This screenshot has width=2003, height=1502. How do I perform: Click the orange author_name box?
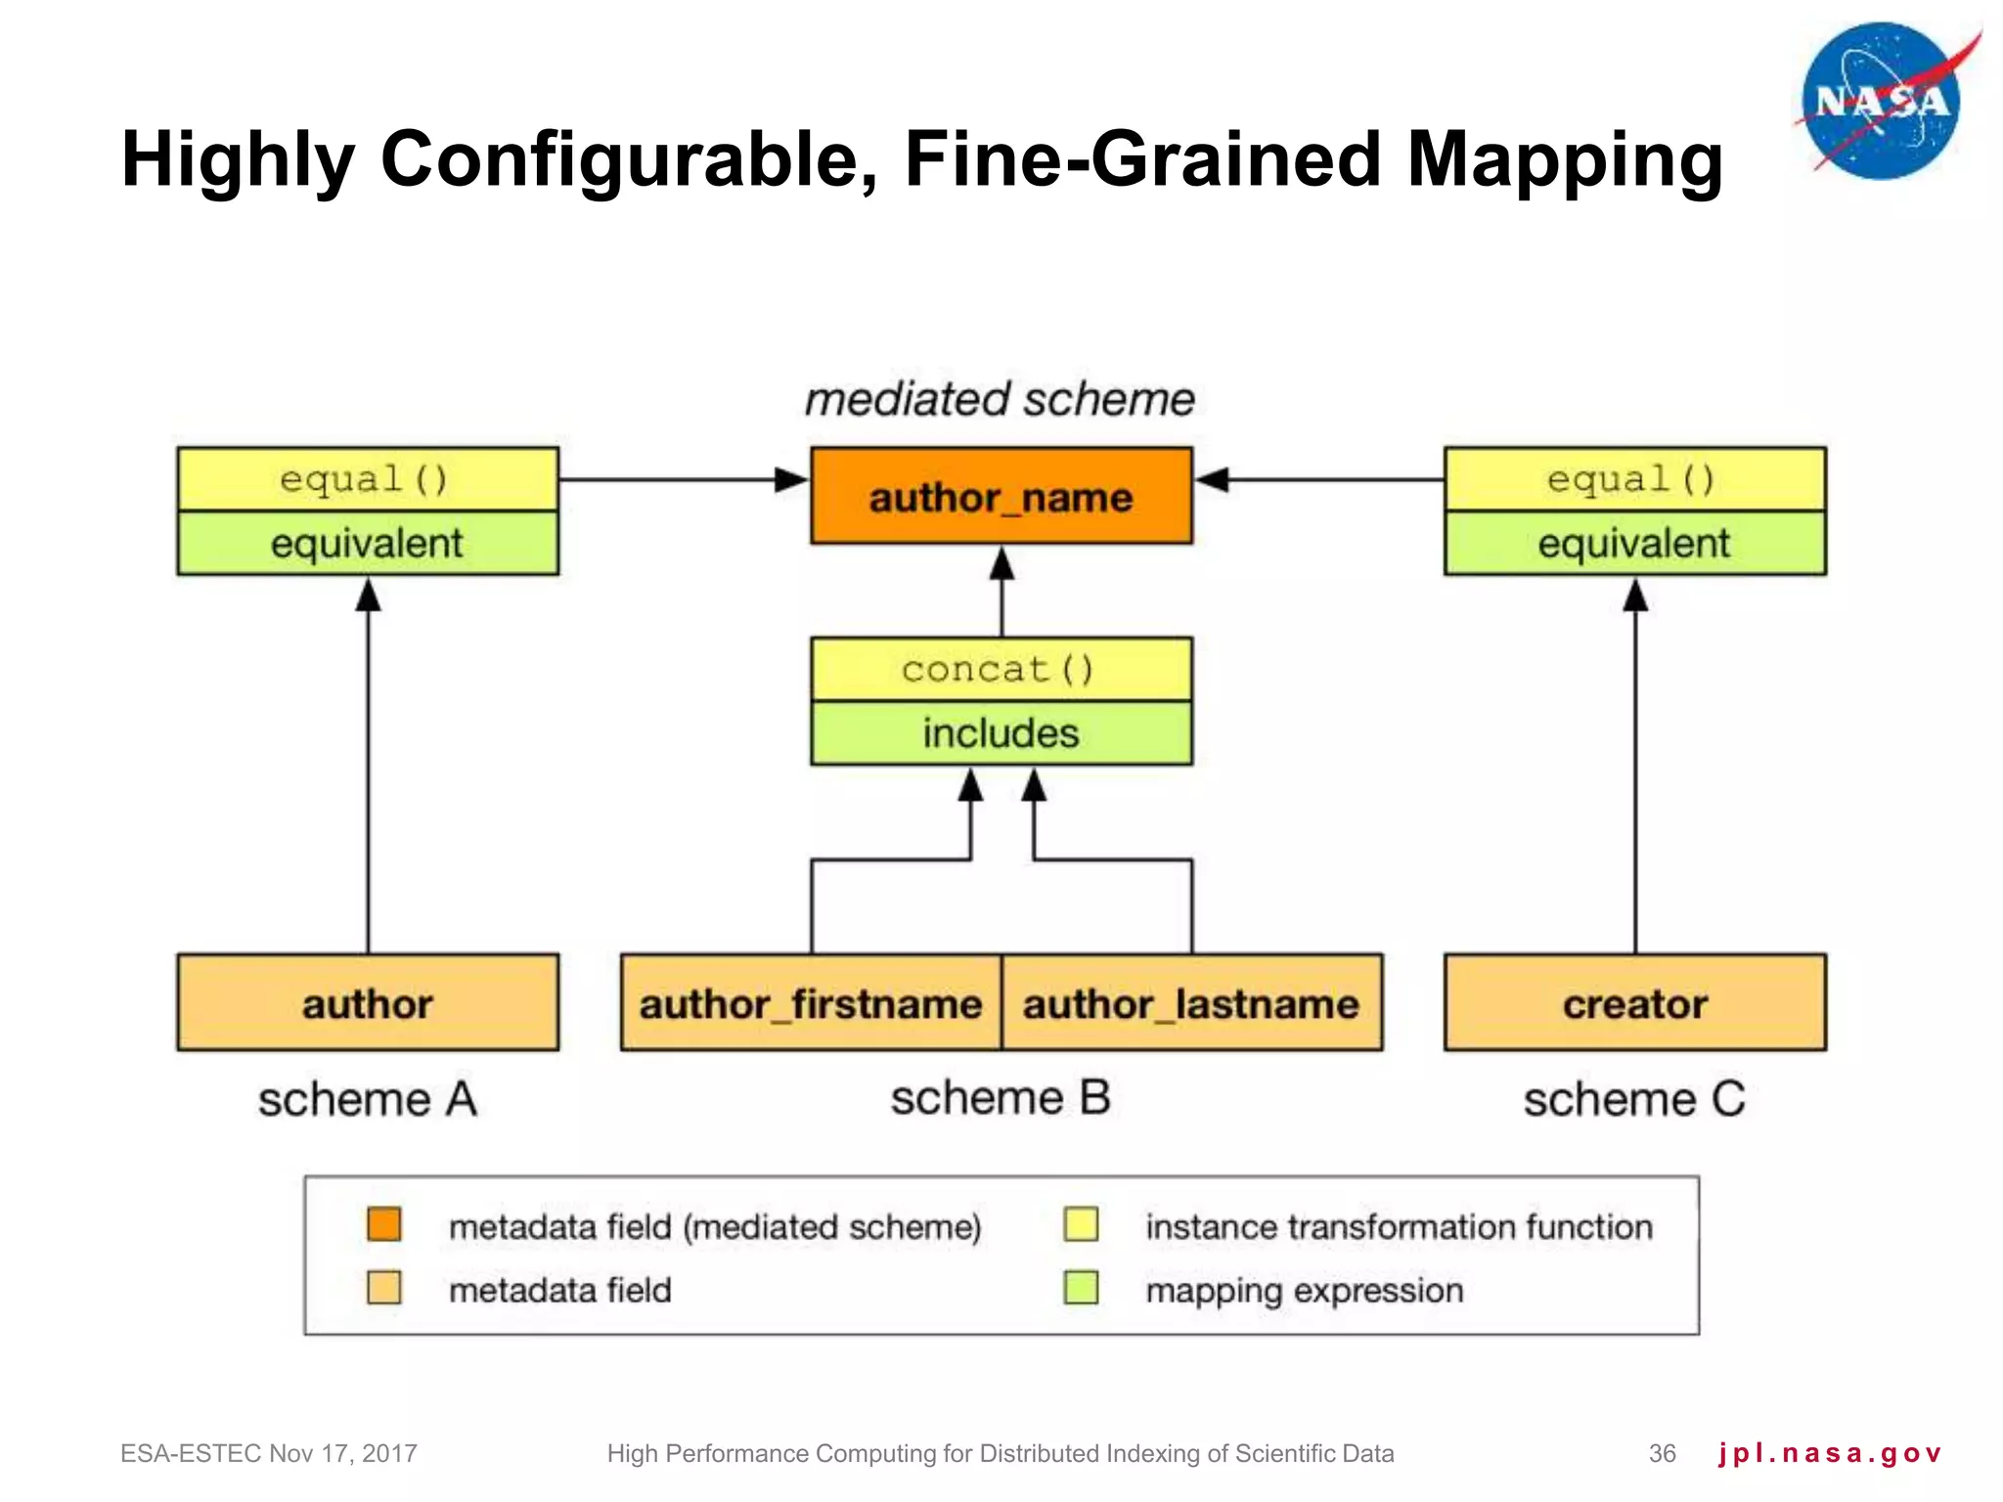point(1001,497)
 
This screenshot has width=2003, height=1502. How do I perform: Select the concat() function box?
point(1001,670)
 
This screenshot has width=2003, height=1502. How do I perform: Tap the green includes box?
point(1001,733)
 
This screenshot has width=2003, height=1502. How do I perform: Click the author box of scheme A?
point(368,1003)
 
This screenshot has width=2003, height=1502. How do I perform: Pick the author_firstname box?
point(811,1003)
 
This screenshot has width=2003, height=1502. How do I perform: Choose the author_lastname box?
point(1191,1003)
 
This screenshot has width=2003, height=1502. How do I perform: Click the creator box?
point(1634,1003)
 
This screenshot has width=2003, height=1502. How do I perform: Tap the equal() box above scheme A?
point(368,479)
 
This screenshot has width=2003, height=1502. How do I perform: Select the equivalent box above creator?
point(1634,543)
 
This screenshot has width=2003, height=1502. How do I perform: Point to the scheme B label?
point(1001,1097)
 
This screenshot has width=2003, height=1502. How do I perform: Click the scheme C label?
point(1634,1099)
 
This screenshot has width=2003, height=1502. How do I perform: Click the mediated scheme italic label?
point(1000,399)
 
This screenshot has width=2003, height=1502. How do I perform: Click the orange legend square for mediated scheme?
point(384,1224)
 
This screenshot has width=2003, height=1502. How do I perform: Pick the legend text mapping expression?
point(1304,1290)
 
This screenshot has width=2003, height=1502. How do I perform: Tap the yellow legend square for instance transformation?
point(1081,1224)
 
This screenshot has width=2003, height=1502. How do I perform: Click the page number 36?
point(1662,1453)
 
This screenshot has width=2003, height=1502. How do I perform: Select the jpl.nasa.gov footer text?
point(1829,1453)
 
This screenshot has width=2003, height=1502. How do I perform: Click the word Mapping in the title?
point(1565,159)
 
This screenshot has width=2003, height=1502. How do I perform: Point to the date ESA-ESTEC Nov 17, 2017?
point(269,1453)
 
